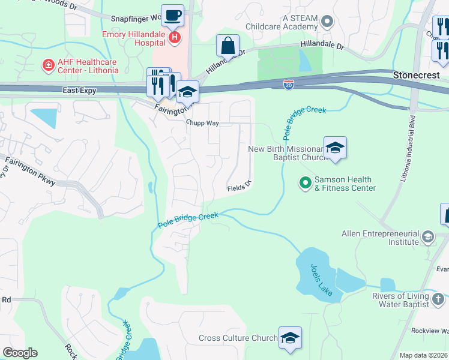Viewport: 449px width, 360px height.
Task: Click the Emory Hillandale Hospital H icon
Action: pos(174,38)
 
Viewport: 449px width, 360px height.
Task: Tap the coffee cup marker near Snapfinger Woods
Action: pos(173,15)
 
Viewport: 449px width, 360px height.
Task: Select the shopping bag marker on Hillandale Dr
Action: pos(228,45)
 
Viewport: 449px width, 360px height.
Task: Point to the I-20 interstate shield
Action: pos(289,85)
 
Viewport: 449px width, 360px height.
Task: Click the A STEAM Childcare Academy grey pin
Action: pos(327,23)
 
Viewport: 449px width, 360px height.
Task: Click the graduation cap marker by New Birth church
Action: pos(335,148)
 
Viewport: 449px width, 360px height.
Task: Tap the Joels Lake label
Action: pos(322,280)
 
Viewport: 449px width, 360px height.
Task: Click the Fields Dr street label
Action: pos(238,188)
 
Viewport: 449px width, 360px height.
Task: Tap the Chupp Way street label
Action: pos(202,124)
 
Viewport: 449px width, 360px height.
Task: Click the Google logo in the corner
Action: pos(20,353)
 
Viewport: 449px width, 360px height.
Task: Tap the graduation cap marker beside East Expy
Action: pos(188,92)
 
